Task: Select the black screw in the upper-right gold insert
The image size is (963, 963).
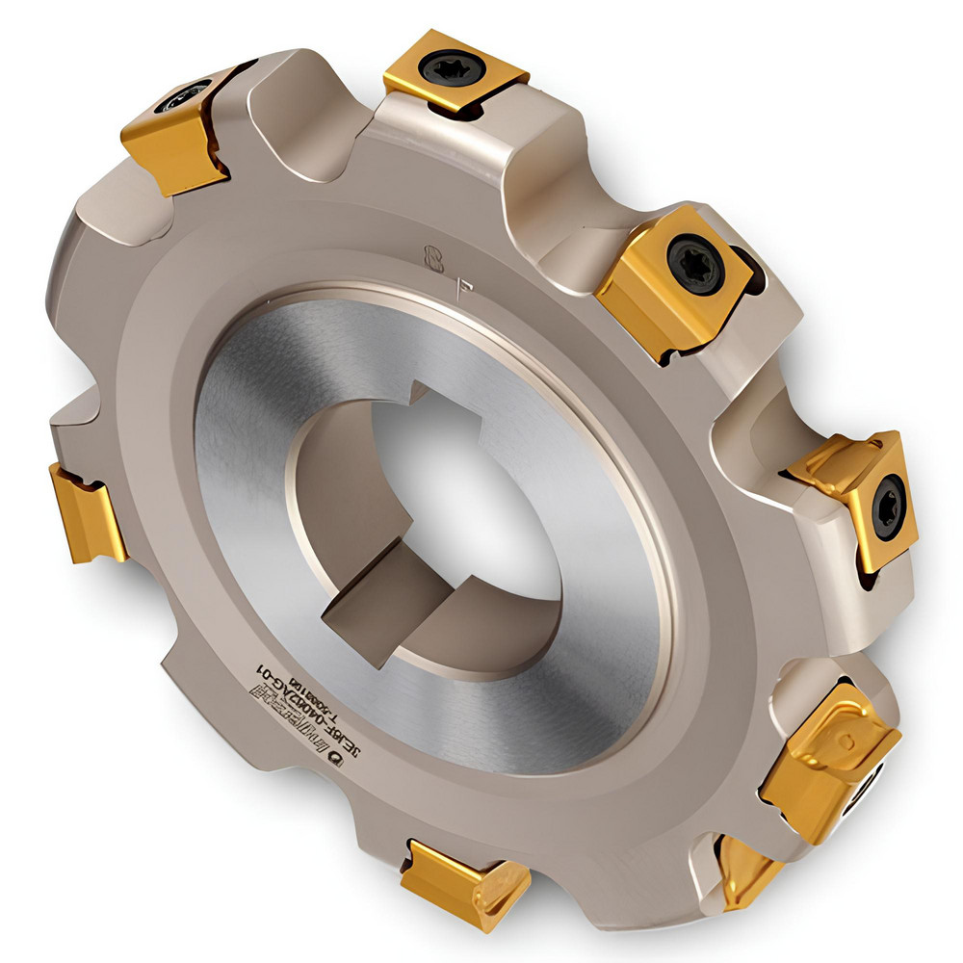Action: pyautogui.click(x=695, y=263)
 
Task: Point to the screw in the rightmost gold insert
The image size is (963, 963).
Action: pyautogui.click(x=886, y=507)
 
